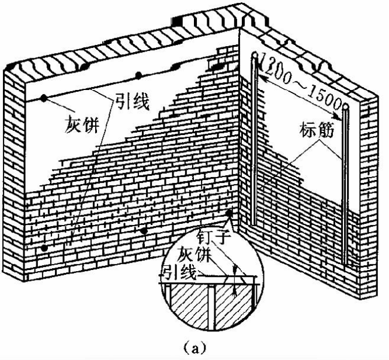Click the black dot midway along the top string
pyautogui.click(x=138, y=75)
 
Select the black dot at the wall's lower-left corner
pyautogui.click(x=44, y=248)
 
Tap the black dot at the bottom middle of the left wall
pyautogui.click(x=144, y=231)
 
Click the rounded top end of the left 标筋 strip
pyautogui.click(x=255, y=56)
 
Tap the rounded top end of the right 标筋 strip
pyautogui.click(x=346, y=108)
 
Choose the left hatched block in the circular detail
pyautogui.click(x=187, y=307)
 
